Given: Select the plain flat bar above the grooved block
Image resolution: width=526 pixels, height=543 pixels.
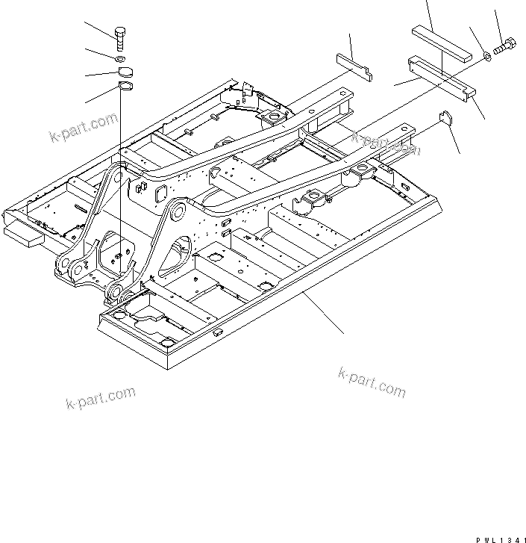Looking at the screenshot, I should pos(440,41).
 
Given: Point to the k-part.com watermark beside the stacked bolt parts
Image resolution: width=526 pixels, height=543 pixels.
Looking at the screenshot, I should pos(84,126).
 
